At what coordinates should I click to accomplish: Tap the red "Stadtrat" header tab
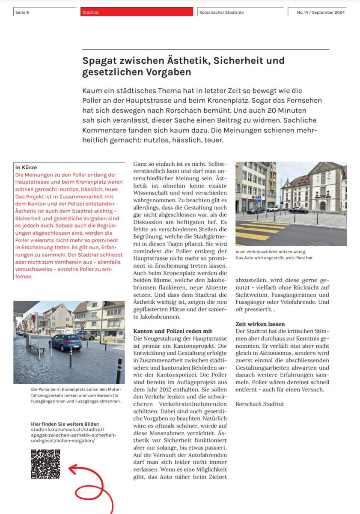[90, 12]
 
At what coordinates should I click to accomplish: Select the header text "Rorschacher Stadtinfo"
[221, 12]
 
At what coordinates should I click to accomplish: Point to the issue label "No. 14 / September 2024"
[321, 12]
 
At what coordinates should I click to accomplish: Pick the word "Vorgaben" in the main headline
[170, 72]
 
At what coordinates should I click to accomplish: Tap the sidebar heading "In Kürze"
[26, 167]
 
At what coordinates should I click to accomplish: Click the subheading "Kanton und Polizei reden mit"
[173, 331]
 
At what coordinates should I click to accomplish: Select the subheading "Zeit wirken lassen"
[260, 324]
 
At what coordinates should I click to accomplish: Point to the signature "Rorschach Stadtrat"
[259, 404]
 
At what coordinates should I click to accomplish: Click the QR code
[45, 464]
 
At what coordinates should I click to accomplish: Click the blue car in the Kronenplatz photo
[65, 342]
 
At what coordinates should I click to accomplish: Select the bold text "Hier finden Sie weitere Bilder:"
[65, 424]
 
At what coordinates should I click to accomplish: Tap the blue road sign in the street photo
[259, 199]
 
